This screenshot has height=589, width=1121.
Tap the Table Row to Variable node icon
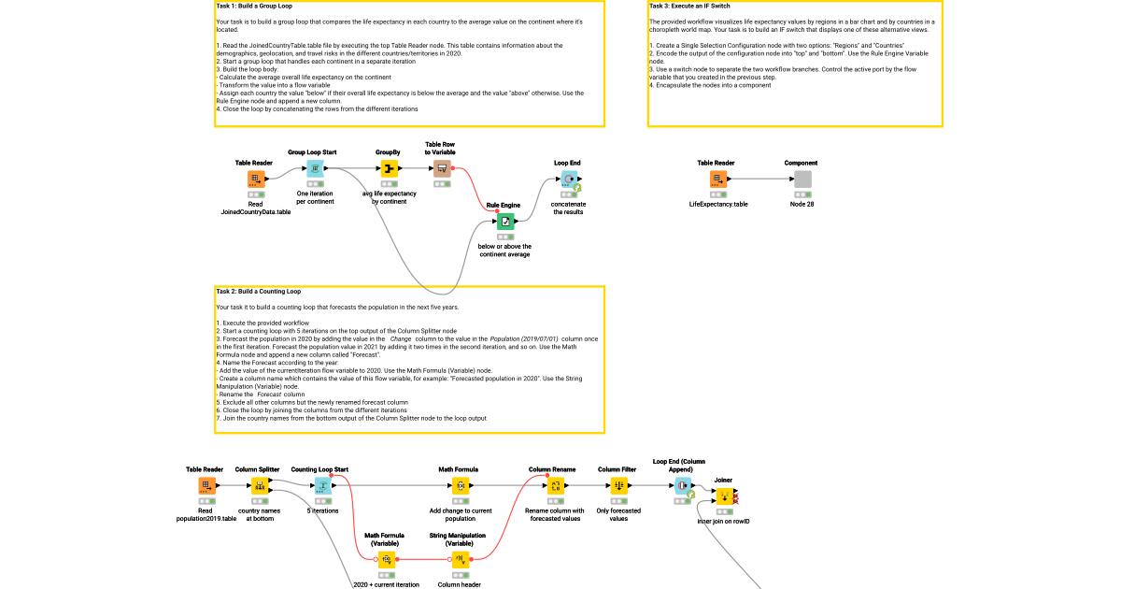pos(443,168)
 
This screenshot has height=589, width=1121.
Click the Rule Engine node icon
pos(504,222)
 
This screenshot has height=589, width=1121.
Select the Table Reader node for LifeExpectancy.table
pos(717,180)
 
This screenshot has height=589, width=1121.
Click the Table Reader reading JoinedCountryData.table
pos(255,180)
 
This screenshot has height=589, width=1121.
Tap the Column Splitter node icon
pos(260,486)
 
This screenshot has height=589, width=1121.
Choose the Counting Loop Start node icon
pos(321,486)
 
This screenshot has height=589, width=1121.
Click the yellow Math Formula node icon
pos(460,486)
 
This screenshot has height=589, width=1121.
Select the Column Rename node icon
pos(556,486)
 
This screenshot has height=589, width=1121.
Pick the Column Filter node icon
pos(618,486)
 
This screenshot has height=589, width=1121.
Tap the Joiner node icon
pos(724,496)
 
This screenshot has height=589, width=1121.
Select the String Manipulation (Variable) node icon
pos(460,560)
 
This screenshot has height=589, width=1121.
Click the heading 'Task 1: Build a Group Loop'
pos(254,6)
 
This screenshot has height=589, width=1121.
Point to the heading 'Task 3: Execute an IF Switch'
pos(689,6)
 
